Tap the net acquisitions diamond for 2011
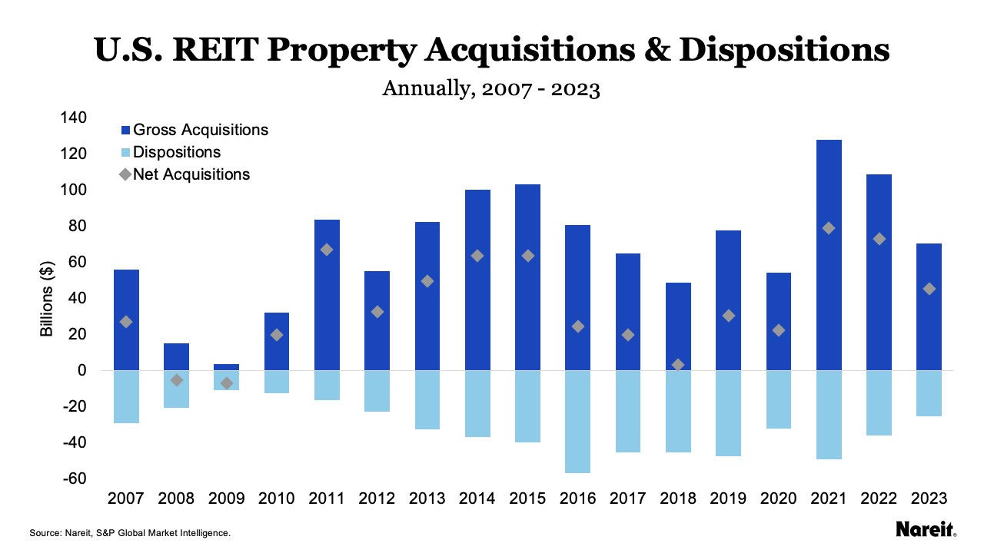coord(327,250)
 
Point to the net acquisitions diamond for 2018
coord(678,365)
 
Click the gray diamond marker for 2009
coord(226,382)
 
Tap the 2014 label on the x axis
coord(477,498)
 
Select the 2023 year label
coord(929,498)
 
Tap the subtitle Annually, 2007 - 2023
coord(491,89)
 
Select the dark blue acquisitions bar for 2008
coord(176,356)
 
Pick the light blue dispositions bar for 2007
coord(126,396)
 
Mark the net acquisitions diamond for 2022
coord(879,239)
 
